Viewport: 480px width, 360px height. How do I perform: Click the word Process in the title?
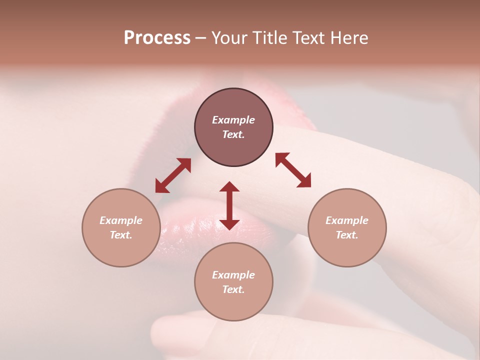point(157,38)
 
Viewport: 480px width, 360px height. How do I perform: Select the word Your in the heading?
point(230,38)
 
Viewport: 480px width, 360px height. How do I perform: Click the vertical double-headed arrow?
point(229,205)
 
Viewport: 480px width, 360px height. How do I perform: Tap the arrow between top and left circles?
point(173,175)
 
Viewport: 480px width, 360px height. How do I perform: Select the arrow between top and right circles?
point(293,170)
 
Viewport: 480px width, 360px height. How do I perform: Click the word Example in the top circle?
point(233,120)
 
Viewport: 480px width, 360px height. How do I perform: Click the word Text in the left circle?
point(121,235)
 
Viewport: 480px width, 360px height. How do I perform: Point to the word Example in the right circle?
point(347,220)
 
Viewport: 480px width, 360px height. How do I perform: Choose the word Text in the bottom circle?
point(233,289)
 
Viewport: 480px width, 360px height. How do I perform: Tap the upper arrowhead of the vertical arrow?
point(229,187)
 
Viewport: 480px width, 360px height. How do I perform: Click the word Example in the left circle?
point(121,220)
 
